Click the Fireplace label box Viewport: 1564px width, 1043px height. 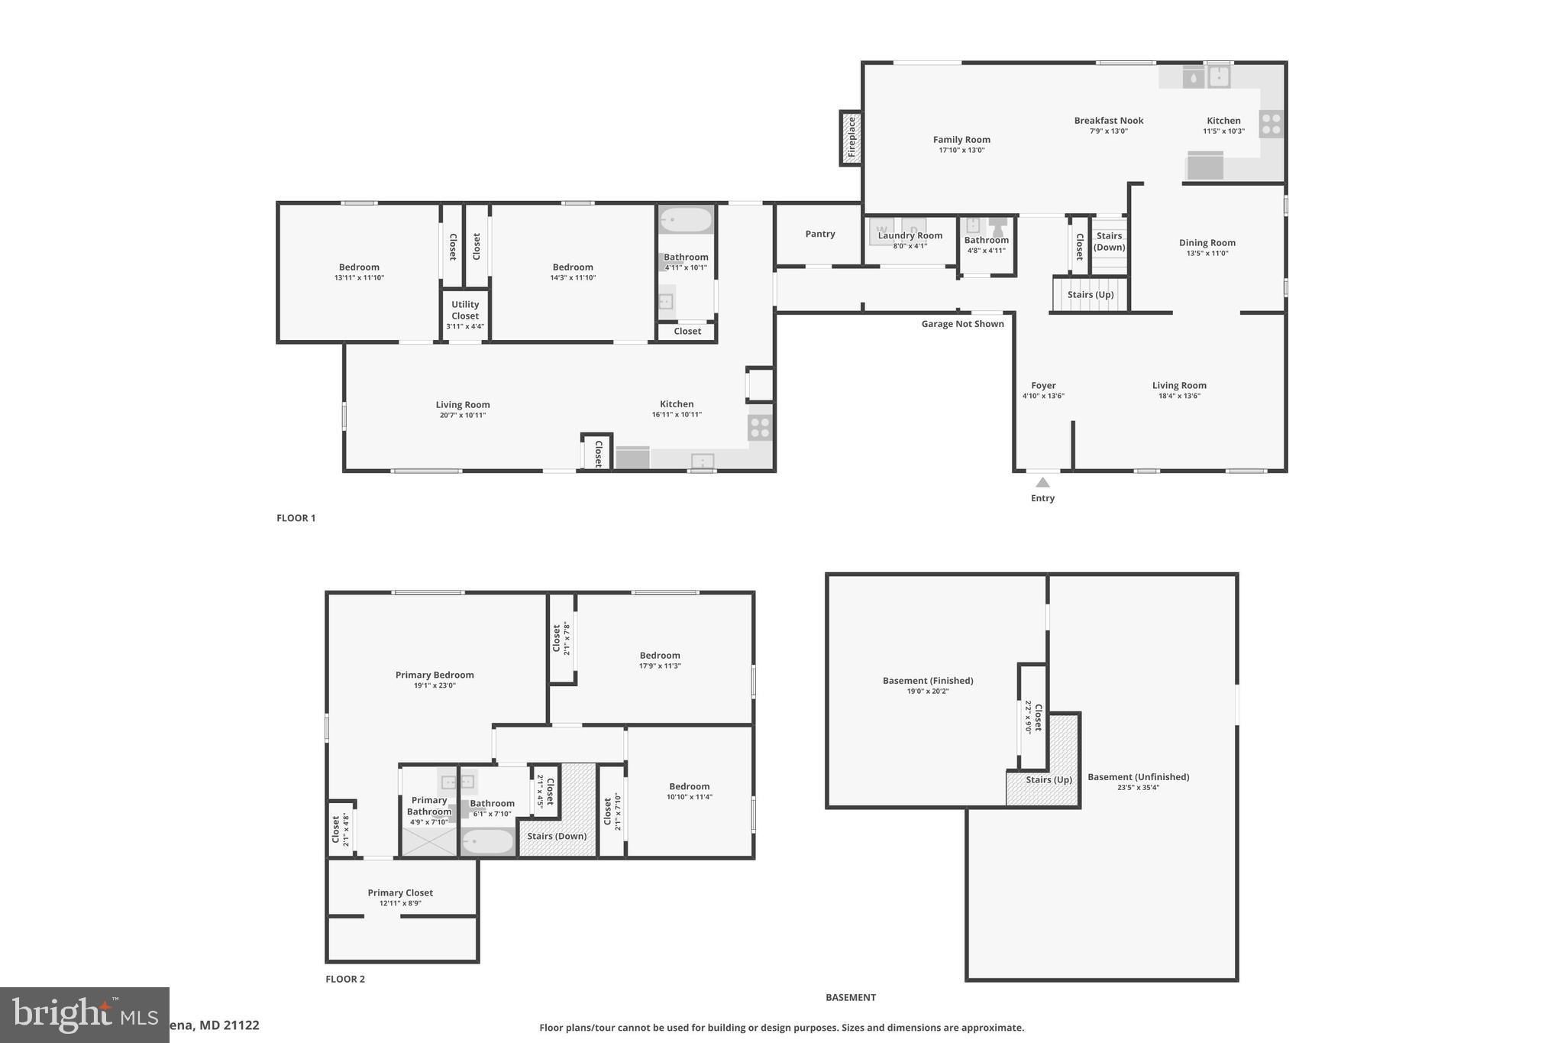851,138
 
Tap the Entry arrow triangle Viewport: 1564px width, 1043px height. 1042,482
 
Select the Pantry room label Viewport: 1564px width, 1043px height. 819,234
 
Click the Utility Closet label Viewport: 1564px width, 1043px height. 465,310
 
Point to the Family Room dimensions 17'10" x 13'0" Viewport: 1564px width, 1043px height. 961,151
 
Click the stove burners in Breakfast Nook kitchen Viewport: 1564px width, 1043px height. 1271,124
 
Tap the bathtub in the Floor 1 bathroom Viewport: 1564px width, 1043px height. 686,220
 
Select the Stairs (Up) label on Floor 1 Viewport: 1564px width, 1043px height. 1090,295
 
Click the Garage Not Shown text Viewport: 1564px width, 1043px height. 962,324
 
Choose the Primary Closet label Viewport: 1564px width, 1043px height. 400,892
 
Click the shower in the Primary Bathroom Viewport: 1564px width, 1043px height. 428,841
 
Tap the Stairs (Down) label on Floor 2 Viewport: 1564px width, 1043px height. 557,836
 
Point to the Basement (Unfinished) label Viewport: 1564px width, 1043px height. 1138,777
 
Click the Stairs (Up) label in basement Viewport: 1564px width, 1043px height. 1049,780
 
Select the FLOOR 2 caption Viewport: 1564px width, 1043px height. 345,979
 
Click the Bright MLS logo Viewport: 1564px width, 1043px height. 84,1015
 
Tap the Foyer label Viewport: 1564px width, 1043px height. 1043,386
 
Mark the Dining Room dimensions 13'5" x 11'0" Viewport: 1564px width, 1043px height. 1207,254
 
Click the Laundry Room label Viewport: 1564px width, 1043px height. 910,236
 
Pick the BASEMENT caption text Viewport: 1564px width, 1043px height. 850,997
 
